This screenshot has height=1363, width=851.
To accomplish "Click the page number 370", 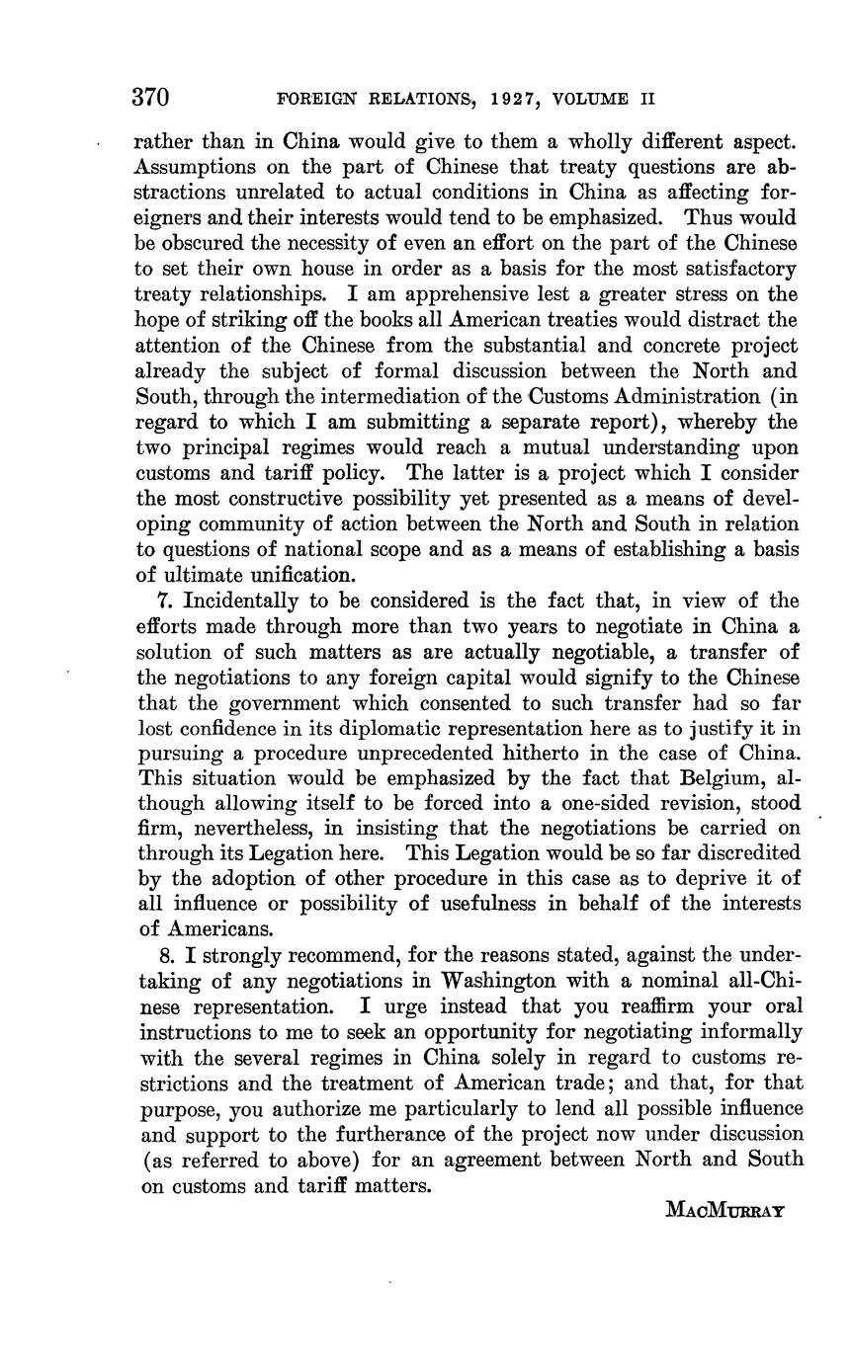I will [x=151, y=98].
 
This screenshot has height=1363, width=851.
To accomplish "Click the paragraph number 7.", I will [x=163, y=601].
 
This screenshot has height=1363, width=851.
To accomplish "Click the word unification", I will [x=300, y=575].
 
